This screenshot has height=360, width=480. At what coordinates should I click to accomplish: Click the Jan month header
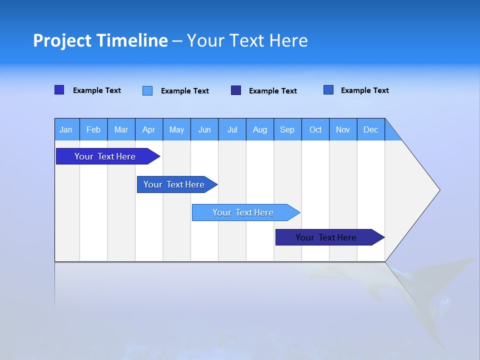66,129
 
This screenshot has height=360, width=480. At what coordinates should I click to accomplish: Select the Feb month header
93,129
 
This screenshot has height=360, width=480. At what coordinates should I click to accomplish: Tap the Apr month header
148,129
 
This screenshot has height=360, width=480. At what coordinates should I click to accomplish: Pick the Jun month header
204,129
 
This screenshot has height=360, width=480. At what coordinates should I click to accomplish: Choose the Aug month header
259,129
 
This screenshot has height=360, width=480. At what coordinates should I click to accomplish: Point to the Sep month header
287,129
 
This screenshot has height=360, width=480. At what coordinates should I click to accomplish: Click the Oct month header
315,129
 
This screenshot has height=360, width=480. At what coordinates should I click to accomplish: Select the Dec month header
370,129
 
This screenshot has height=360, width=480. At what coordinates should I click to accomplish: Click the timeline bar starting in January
105,156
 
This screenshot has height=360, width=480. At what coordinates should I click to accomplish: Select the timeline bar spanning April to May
174,184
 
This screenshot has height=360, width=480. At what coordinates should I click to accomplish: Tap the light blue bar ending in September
243,212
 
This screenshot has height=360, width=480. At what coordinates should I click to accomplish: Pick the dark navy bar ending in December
326,237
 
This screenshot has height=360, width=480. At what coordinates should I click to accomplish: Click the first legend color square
59,90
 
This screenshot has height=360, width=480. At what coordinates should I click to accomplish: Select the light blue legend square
147,90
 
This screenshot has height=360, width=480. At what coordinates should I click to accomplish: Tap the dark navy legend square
236,90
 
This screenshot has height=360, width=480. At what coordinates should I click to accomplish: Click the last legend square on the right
328,90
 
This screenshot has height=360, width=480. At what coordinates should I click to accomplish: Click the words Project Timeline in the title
100,40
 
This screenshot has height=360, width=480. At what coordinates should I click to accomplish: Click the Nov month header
343,129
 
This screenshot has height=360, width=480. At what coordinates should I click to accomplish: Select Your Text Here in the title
247,40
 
